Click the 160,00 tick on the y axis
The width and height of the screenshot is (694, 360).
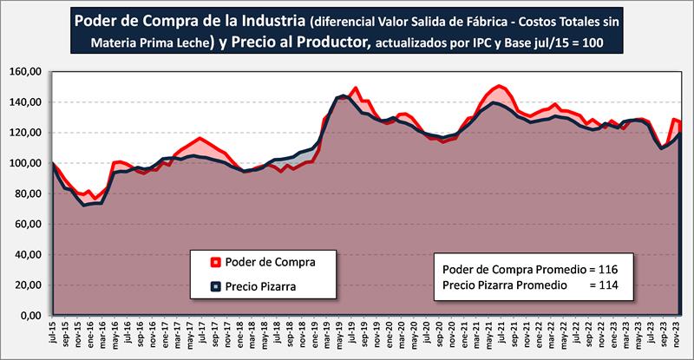pyautogui.click(x=29, y=72)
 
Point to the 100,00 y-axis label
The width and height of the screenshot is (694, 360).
pyautogui.click(x=29, y=163)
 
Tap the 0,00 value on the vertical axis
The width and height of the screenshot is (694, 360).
pyautogui.click(x=34, y=317)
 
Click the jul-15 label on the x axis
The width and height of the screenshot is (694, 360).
pyautogui.click(x=54, y=333)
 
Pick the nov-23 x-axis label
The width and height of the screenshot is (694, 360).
pyautogui.click(x=673, y=333)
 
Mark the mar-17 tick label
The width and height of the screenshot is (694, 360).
pyautogui.click(x=178, y=333)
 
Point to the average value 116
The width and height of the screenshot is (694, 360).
pyautogui.click(x=612, y=269)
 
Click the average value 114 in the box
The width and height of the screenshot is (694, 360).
pyautogui.click(x=612, y=285)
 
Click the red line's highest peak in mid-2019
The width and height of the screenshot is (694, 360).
pyautogui.click(x=355, y=88)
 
